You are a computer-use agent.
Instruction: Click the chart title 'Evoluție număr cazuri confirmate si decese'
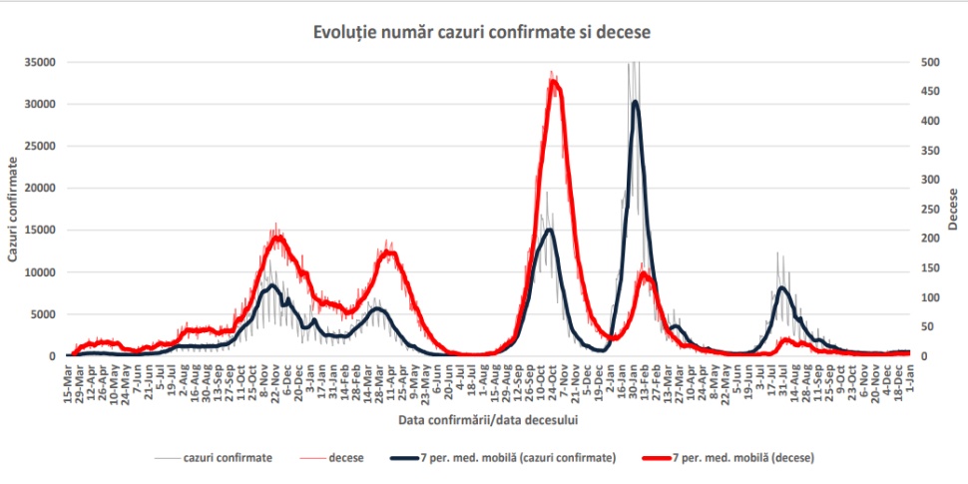pos(483,33)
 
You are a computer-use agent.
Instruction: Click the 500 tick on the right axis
pos(929,62)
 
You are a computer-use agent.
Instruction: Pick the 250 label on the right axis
pos(929,209)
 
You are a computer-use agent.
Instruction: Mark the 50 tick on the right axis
pos(926,326)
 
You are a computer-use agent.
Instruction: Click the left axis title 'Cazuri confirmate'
pos(13,209)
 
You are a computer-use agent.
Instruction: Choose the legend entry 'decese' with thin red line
pos(332,458)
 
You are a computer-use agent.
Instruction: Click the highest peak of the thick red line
pos(555,82)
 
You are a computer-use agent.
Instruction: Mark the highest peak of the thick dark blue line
pos(636,101)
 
